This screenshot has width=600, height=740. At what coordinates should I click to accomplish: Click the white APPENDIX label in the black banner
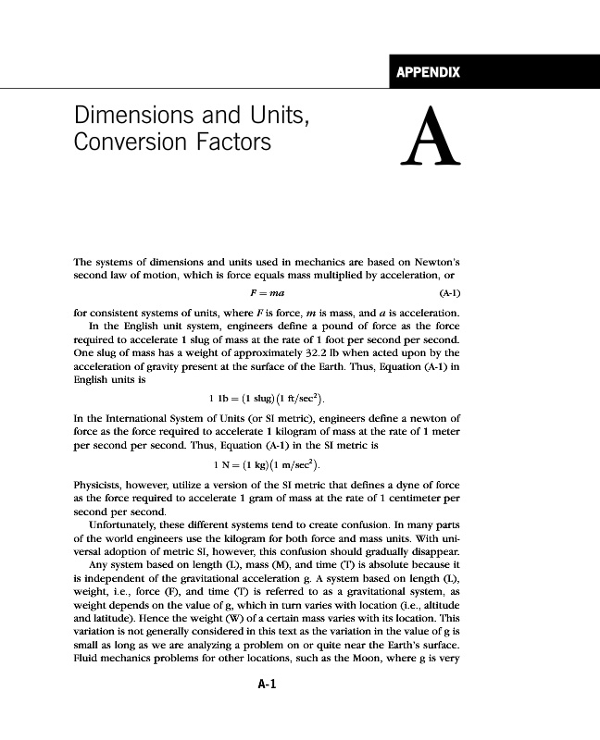pos(428,72)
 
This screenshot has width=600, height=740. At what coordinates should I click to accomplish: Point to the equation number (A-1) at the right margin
pos(447,294)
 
